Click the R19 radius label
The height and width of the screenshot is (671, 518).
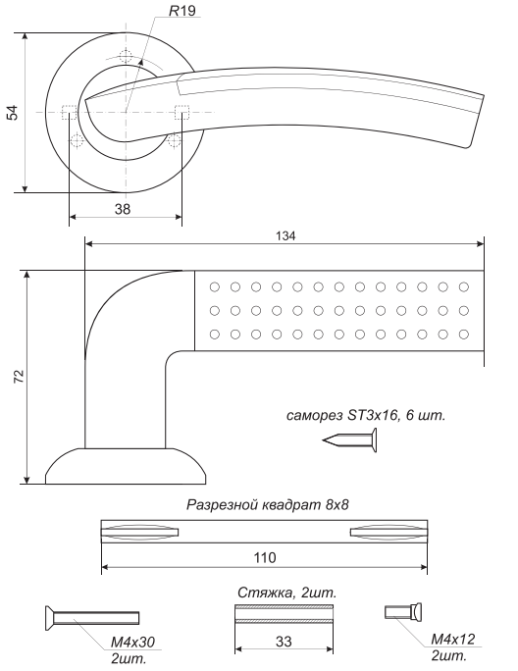tap(182, 11)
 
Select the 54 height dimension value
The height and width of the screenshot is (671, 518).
tap(13, 112)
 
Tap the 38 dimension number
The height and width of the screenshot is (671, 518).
tap(123, 209)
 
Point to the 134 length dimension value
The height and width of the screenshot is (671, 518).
tap(285, 235)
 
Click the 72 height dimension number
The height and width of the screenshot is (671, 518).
tap(19, 376)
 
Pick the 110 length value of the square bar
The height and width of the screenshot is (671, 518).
tap(265, 558)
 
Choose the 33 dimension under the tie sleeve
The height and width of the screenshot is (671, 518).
tap(284, 642)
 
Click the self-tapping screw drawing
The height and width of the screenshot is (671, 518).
tap(350, 440)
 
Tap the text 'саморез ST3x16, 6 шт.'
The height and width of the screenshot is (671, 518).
tap(366, 415)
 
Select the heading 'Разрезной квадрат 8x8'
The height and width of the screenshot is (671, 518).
tap(268, 505)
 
